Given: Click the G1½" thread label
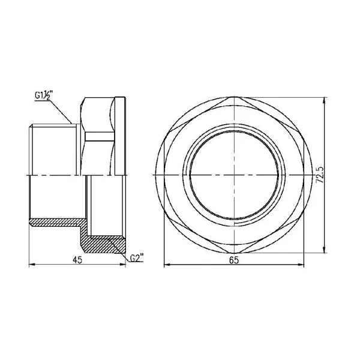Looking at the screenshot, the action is click(x=43, y=95).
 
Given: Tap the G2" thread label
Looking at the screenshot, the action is click(x=137, y=258).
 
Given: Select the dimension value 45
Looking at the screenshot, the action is click(x=77, y=260).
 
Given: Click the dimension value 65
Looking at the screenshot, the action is click(x=234, y=260).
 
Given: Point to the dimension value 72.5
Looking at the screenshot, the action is click(x=320, y=175).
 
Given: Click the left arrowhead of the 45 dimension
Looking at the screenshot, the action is click(x=32, y=265).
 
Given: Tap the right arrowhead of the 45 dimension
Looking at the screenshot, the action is click(x=123, y=265).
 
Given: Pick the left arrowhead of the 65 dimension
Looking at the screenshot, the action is click(x=167, y=265).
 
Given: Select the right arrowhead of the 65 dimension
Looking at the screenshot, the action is click(x=301, y=265).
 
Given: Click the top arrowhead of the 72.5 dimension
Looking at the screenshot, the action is click(x=324, y=100).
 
